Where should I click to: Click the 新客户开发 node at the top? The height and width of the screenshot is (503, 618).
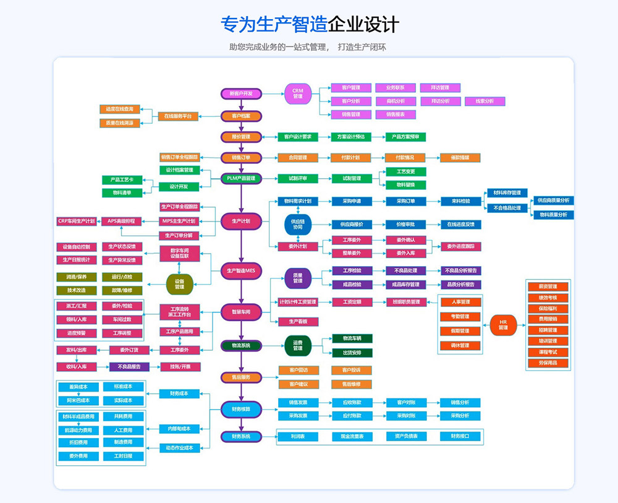click(241, 93)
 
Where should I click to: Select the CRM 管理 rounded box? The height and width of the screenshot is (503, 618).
click(298, 93)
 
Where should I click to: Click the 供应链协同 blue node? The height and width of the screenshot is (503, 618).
click(298, 225)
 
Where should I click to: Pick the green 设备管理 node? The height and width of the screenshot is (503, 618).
click(179, 284)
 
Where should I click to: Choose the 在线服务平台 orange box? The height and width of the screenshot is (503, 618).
click(178, 116)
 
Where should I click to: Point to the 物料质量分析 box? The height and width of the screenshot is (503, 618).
click(554, 215)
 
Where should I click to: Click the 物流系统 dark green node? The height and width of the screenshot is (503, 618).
click(241, 345)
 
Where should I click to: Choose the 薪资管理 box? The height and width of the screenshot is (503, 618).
click(548, 286)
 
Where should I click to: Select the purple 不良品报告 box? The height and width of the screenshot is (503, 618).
click(129, 366)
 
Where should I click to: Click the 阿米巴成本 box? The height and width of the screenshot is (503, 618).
click(78, 400)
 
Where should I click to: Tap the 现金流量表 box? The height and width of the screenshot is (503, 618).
click(352, 436)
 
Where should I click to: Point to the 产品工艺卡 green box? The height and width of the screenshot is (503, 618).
click(122, 179)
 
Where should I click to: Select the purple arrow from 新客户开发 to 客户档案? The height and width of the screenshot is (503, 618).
click(241, 105)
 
